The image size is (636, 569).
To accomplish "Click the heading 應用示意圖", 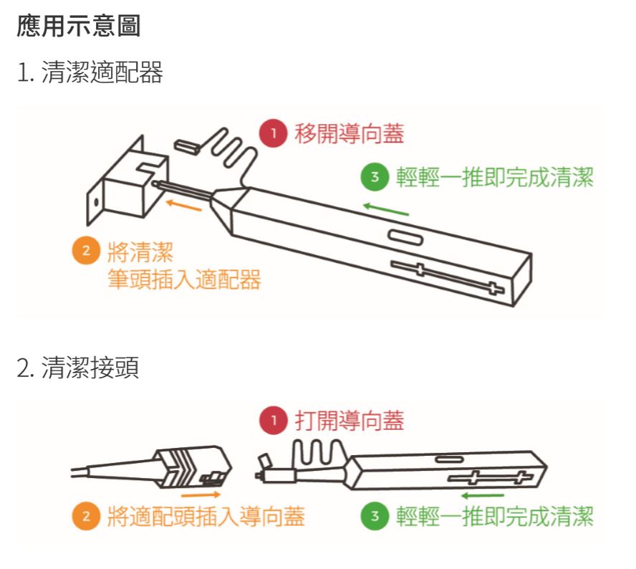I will click(79, 27).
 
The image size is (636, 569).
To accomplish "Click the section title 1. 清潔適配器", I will click(90, 72).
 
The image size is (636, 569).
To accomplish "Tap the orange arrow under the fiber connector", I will click(201, 494).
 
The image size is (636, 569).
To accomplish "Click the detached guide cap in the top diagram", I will click(187, 145).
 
